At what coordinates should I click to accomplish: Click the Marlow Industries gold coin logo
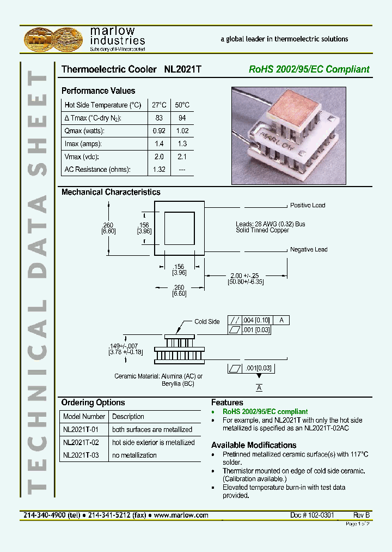53,40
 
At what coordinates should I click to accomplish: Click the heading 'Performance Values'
98,91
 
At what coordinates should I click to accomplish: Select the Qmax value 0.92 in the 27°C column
159,131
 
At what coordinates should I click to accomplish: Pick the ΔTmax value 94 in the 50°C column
182,118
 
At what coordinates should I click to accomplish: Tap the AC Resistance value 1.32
159,170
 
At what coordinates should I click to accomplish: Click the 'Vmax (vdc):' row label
84,157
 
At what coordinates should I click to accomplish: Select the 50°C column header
182,105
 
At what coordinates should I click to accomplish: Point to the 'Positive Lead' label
308,206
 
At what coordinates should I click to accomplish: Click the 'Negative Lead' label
309,250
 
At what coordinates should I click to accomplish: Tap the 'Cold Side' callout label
207,322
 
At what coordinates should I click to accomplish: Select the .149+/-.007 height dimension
125,346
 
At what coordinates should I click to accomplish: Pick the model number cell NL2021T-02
81,442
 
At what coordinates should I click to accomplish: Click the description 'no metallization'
134,455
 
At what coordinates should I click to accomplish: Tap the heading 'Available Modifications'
254,445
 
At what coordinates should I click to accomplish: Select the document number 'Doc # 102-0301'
312,515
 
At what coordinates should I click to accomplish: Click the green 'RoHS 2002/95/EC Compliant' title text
309,70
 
